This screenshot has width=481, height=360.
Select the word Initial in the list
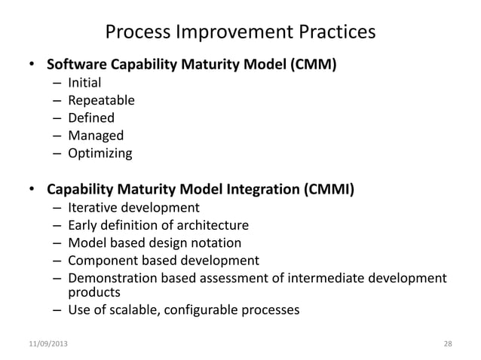point(84,82)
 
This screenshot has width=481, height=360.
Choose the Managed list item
point(95,136)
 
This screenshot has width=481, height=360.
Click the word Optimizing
point(100,154)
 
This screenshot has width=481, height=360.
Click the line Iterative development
point(133,207)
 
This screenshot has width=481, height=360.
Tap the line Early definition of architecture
point(158,225)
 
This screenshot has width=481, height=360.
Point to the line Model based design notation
point(155,243)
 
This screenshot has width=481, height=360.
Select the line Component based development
point(163,261)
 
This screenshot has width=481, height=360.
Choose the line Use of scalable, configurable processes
point(183,309)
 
